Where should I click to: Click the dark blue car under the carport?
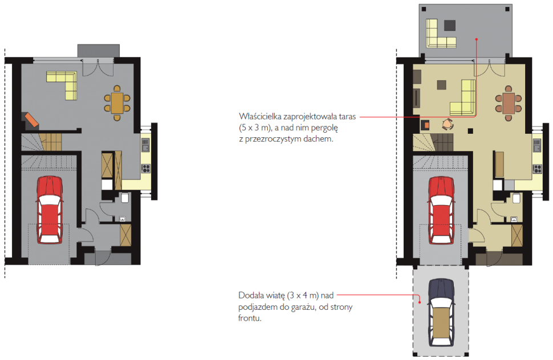(x=441, y=313)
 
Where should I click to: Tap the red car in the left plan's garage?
(x=50, y=210)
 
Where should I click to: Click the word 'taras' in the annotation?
(x=347, y=117)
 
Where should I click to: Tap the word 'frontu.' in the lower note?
(x=250, y=318)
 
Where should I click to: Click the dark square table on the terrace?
(x=450, y=26)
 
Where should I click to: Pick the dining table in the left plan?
(x=117, y=103)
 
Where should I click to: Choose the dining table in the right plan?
(x=508, y=103)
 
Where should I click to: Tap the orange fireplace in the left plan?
(x=31, y=120)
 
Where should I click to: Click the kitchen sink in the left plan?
(x=145, y=145)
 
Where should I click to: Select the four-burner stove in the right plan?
(x=537, y=169)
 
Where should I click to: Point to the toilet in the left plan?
(x=125, y=197)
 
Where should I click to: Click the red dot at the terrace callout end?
(x=476, y=39)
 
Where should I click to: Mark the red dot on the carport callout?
(x=420, y=302)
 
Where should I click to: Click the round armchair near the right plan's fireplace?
(x=448, y=124)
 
